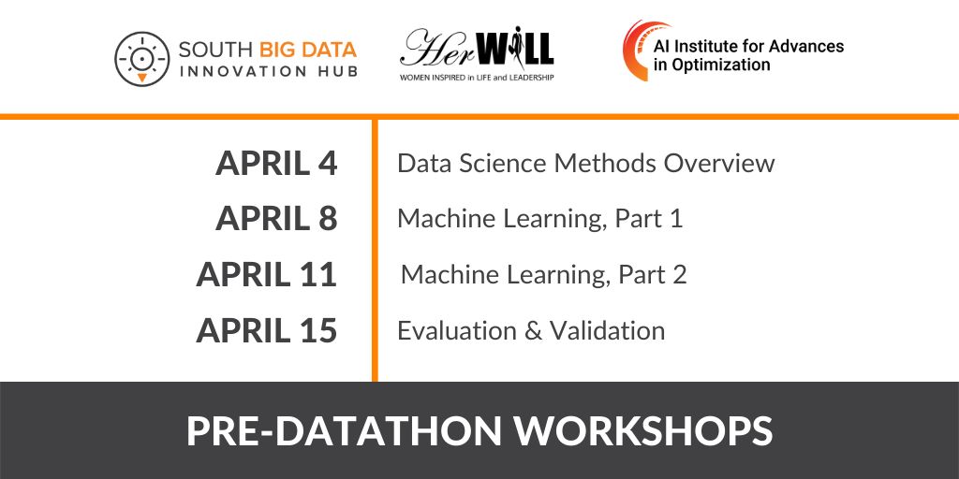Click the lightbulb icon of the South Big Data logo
pyautogui.click(x=141, y=58)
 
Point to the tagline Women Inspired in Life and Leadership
pyautogui.click(x=477, y=77)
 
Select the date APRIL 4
pyautogui.click(x=275, y=164)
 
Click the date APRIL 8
pyautogui.click(x=275, y=219)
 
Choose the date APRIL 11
pyautogui.click(x=266, y=275)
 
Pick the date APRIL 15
pyautogui.click(x=266, y=331)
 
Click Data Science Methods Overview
pyautogui.click(x=585, y=164)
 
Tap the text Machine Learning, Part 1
pyautogui.click(x=539, y=219)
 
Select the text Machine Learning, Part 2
pyautogui.click(x=543, y=275)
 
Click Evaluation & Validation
pyautogui.click(x=531, y=331)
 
